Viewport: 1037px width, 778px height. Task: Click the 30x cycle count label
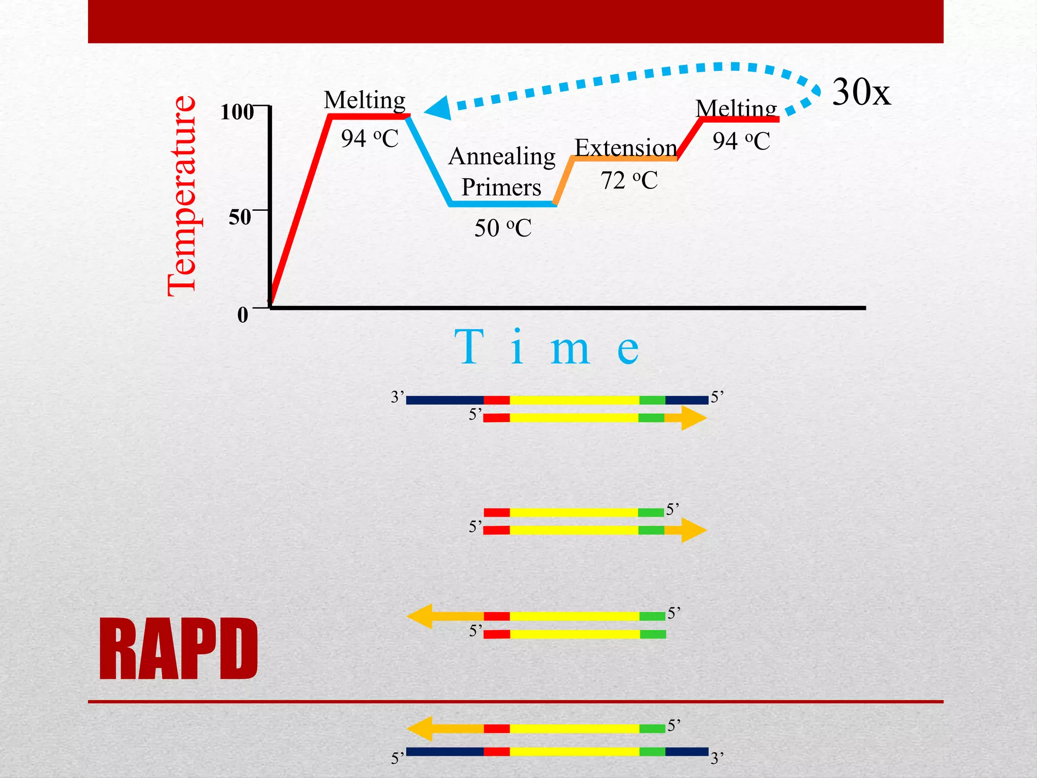tap(861, 92)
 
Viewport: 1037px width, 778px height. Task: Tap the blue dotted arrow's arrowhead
tap(438, 108)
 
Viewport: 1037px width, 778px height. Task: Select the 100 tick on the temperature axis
tap(237, 111)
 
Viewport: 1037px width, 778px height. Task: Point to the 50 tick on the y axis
tap(240, 217)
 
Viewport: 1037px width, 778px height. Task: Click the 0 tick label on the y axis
tap(243, 315)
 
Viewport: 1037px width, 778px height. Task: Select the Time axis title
tap(547, 348)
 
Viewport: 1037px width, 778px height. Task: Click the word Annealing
tap(502, 157)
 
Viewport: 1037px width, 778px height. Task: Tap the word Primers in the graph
tap(501, 187)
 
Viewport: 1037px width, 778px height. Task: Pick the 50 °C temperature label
tap(503, 228)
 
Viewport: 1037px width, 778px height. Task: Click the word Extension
tap(626, 148)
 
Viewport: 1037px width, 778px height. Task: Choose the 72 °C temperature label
tap(629, 180)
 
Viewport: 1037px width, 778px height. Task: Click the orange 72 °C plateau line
tap(624, 159)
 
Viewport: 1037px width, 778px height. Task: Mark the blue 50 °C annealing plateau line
tap(502, 204)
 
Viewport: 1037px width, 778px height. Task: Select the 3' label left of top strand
tap(397, 398)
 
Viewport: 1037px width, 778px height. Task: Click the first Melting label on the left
tap(365, 100)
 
